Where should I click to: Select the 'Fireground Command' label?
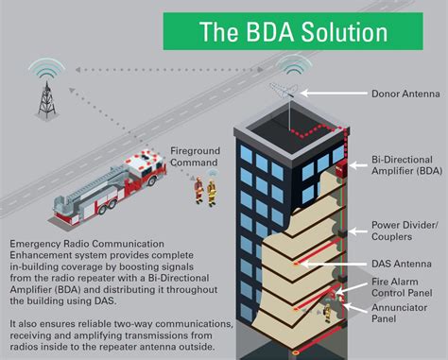coord(203,155)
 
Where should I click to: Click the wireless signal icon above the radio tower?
coord(45,68)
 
